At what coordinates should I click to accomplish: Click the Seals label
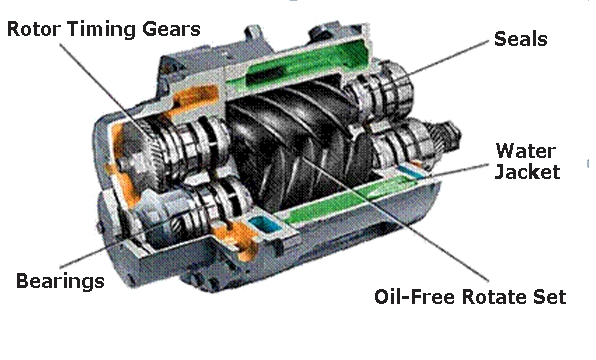pyautogui.click(x=520, y=39)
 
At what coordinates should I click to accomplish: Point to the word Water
pyautogui.click(x=526, y=151)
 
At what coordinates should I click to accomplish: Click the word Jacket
pyautogui.click(x=527, y=171)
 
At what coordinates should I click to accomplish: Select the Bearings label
pyautogui.click(x=60, y=281)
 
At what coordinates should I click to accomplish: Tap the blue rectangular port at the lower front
pyautogui.click(x=264, y=225)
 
